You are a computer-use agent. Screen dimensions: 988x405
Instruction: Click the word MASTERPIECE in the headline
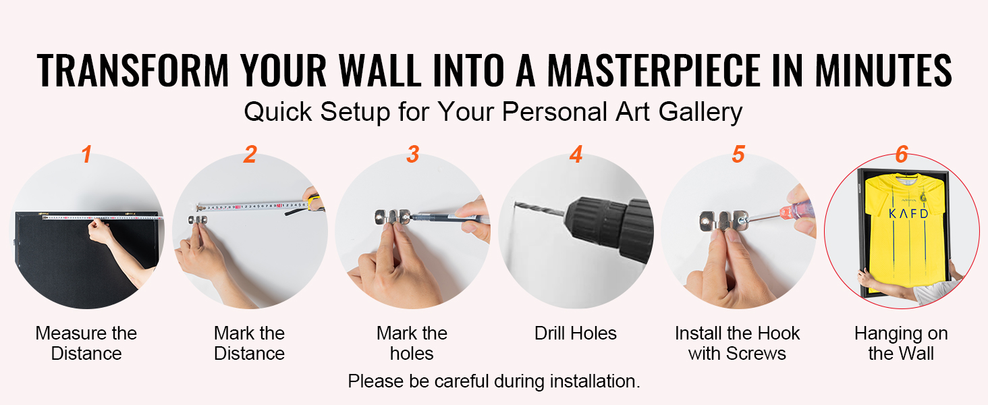click(654, 70)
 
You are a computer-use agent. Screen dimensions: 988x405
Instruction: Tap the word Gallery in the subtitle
click(701, 112)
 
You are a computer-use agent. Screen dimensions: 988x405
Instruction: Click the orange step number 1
click(86, 155)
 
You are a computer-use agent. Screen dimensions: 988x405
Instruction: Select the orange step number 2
click(250, 155)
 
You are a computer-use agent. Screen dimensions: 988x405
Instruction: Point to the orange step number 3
click(413, 155)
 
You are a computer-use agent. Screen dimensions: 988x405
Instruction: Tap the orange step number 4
click(576, 155)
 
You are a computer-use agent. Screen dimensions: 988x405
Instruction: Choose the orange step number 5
click(738, 155)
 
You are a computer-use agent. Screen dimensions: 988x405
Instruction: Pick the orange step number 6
click(902, 155)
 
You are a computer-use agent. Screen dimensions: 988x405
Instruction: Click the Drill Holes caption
click(576, 333)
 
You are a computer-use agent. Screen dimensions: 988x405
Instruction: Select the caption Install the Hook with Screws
click(738, 344)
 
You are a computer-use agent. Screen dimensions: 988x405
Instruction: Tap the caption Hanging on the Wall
click(901, 344)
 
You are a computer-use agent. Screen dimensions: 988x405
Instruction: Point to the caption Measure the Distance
click(86, 344)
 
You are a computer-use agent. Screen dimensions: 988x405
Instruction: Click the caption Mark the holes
click(412, 344)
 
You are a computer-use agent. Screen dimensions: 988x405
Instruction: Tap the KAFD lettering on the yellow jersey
click(908, 214)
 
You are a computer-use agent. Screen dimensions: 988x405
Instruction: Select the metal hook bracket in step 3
click(393, 217)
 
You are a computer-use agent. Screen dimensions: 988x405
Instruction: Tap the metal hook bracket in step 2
click(198, 219)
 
